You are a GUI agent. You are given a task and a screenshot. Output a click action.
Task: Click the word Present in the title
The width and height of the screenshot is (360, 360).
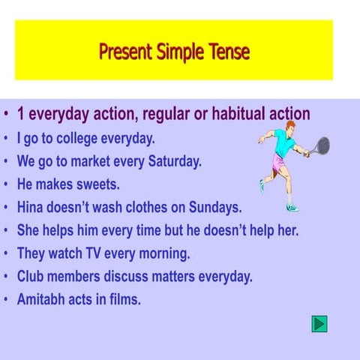click(125, 52)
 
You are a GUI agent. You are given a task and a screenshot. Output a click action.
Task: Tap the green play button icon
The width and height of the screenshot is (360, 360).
click(319, 324)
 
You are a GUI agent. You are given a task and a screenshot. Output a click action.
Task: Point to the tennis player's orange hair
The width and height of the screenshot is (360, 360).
click(290, 124)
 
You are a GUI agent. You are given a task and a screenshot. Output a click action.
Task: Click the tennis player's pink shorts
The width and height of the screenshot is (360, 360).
click(278, 163)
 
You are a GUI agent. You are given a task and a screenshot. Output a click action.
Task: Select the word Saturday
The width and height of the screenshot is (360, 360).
click(169, 161)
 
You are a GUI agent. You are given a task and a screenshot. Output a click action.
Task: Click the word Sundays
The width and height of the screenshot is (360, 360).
click(214, 207)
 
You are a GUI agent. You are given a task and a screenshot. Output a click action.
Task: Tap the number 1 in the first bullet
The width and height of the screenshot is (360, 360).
click(22, 115)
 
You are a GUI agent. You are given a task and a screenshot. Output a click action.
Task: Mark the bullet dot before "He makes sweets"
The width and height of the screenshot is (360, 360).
click(6, 184)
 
